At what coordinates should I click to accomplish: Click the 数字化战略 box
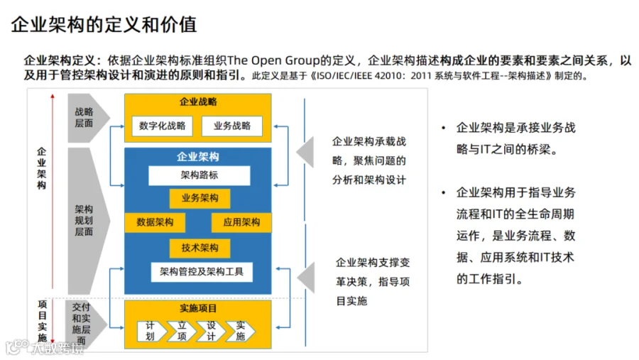(x=162, y=126)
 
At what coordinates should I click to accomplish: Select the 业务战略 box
(x=232, y=126)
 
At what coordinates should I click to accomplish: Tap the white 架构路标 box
(x=200, y=175)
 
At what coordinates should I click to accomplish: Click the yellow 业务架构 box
(x=200, y=198)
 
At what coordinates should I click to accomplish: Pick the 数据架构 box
(x=155, y=222)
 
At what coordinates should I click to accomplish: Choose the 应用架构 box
(x=241, y=222)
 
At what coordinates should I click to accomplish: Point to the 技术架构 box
(x=200, y=248)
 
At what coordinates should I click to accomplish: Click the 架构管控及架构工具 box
(x=202, y=272)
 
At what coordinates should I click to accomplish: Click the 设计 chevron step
(x=211, y=331)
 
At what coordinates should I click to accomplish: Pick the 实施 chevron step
(x=241, y=331)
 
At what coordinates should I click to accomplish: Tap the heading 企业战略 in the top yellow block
(x=198, y=102)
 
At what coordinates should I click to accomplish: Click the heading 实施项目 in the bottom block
(x=198, y=308)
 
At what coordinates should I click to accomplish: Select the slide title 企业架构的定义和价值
(x=104, y=24)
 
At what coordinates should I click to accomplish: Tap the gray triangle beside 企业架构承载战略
(x=305, y=152)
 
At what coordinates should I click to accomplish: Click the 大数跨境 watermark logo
(x=45, y=347)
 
